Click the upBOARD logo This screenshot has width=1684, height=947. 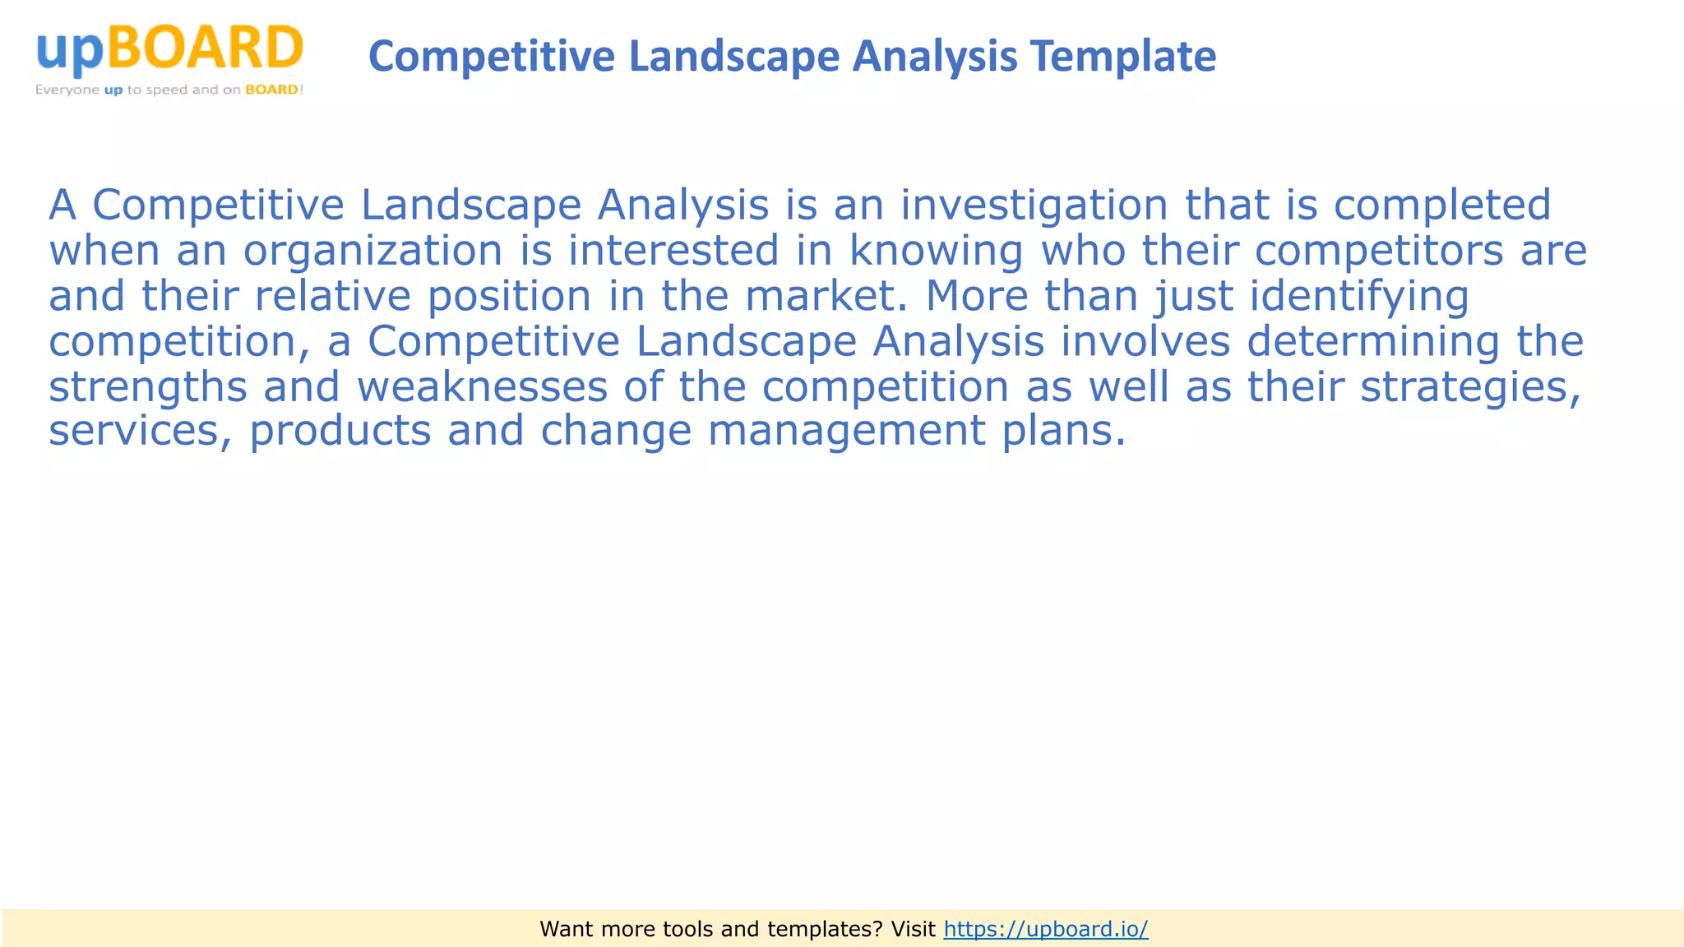[169, 49]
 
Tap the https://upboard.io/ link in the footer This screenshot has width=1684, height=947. [1046, 929]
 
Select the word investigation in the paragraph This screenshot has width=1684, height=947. [1034, 206]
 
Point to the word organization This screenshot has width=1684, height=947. [372, 252]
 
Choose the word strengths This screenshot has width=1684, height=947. [148, 387]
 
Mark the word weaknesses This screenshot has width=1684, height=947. [482, 387]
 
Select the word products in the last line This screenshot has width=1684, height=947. [340, 432]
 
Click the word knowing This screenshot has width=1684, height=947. [936, 252]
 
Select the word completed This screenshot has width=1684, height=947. [1442, 206]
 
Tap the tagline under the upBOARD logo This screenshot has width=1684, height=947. [169, 90]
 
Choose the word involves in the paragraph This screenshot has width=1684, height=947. [1145, 342]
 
